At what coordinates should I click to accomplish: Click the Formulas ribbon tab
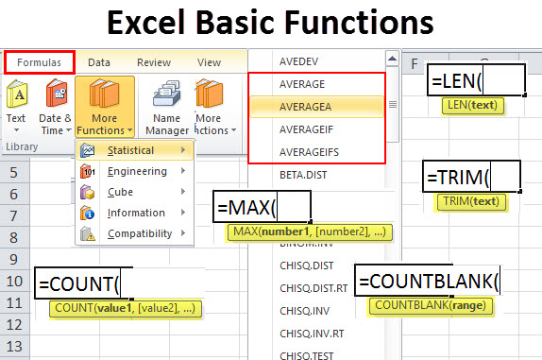(39, 62)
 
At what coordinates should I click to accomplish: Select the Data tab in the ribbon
(99, 62)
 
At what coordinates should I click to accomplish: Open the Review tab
(153, 62)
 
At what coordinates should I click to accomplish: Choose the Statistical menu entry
(131, 150)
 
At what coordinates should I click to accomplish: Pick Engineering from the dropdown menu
(137, 171)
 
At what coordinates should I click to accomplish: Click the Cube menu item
(120, 192)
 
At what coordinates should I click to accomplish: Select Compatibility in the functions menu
(140, 233)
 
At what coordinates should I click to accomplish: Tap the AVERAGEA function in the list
(307, 107)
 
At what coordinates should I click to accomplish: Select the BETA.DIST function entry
(303, 176)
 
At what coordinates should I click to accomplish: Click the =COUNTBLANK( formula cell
(428, 282)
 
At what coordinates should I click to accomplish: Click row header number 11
(14, 303)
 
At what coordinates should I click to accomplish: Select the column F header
(414, 63)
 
